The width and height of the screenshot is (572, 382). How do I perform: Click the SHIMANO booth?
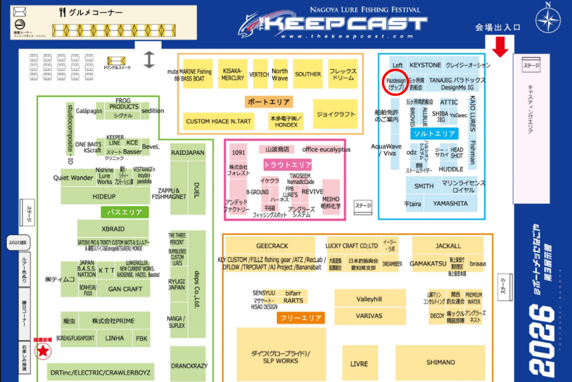[x=440, y=362]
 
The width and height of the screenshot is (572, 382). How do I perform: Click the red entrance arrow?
[x=500, y=46]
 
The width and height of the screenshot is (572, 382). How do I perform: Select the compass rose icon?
[x=548, y=18]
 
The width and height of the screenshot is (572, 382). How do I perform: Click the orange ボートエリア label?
[x=268, y=102]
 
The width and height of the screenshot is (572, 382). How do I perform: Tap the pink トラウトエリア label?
[x=287, y=165]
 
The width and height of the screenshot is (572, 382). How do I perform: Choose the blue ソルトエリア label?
[x=434, y=134]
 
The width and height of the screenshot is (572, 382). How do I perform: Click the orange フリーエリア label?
[x=301, y=317]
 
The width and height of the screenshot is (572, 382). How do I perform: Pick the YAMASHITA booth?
[x=450, y=204]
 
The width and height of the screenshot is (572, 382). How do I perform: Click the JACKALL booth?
[x=448, y=246]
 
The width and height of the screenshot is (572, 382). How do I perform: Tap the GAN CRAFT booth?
[x=125, y=289]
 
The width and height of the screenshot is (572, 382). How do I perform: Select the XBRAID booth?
[x=113, y=228]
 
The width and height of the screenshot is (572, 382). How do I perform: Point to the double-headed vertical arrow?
[x=149, y=59]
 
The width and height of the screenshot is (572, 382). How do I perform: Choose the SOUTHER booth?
[x=308, y=74]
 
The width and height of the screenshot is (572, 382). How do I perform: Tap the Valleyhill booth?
[x=369, y=299]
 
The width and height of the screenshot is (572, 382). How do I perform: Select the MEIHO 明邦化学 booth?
[x=331, y=202]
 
